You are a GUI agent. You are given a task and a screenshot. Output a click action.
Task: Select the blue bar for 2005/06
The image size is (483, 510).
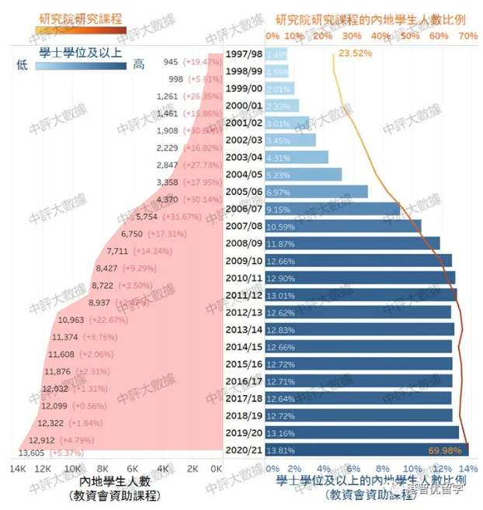(316, 192)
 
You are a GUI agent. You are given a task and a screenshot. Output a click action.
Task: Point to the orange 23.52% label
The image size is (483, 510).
(356, 53)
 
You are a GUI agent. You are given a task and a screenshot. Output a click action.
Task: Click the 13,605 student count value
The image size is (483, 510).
(32, 453)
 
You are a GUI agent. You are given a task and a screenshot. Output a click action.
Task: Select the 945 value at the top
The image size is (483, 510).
(171, 61)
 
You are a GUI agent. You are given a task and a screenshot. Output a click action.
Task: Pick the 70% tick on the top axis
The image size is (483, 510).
(467, 36)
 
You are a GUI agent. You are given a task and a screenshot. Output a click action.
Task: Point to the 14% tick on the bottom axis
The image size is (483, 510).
(467, 469)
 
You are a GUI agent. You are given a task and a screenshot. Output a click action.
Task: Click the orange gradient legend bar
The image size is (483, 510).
(81, 30)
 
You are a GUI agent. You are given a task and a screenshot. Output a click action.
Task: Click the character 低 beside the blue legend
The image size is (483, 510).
(23, 66)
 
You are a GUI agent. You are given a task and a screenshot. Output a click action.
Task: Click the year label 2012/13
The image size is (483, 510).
(243, 311)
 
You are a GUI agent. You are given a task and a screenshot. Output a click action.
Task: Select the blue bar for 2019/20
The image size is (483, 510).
(362, 432)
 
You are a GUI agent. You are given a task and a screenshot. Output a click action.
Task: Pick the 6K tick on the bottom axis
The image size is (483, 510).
(132, 469)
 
